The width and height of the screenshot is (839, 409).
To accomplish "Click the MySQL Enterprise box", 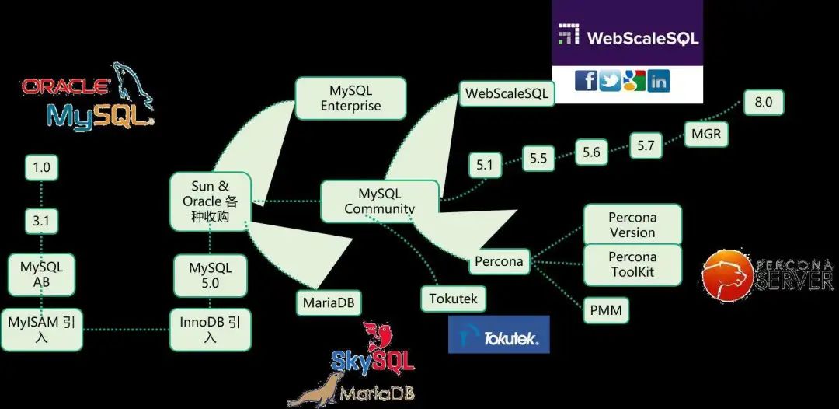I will (350, 98).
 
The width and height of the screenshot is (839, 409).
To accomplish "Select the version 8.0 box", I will (763, 102).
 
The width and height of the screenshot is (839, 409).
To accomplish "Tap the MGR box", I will (705, 134).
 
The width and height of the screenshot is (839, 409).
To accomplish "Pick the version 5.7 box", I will (646, 145).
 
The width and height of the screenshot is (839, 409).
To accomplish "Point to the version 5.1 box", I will (485, 164).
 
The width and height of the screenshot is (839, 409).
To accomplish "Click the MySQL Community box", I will (379, 201).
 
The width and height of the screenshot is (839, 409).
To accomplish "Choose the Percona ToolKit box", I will (632, 264).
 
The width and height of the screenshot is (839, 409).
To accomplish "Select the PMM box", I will (605, 311).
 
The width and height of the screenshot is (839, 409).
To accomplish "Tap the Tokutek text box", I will (453, 298).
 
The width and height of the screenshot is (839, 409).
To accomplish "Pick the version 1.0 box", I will (41, 167).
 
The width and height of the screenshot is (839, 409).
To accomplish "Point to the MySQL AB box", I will (41, 274).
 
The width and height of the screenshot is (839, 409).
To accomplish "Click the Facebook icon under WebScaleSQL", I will (586, 79).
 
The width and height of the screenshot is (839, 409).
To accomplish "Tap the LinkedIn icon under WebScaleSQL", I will (658, 79).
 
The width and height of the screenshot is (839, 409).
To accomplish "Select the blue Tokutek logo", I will (499, 335).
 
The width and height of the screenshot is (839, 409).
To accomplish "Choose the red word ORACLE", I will (65, 86).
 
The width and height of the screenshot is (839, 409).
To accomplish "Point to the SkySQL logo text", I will (373, 360).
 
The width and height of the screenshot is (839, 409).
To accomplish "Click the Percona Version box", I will (632, 225).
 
